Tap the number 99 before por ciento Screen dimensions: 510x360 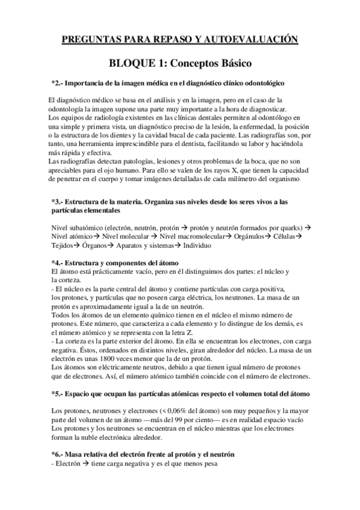pyautogui.click(x=182, y=419)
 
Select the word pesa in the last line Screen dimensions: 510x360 pyautogui.click(x=207, y=464)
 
